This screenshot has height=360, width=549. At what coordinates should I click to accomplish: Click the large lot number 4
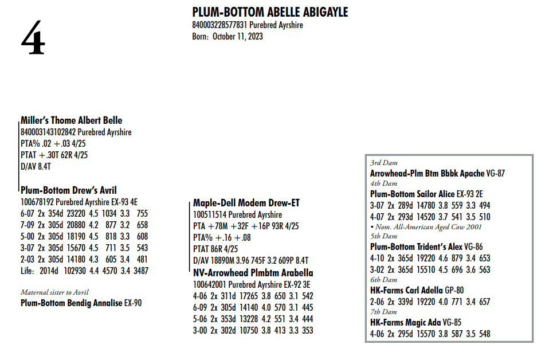click(x=33, y=38)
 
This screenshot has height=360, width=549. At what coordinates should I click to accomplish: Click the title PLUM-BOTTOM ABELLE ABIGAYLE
click(x=270, y=13)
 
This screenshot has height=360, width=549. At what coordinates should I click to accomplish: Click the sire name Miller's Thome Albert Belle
click(x=71, y=120)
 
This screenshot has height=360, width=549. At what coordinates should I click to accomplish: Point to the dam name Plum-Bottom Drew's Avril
click(x=69, y=190)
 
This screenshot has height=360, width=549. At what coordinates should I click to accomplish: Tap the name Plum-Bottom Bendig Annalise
click(x=72, y=303)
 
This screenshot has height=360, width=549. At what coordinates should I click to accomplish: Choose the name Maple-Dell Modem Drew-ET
click(x=246, y=203)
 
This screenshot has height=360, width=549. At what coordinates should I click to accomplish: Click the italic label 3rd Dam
click(x=383, y=163)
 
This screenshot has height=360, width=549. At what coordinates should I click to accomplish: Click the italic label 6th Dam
click(x=383, y=280)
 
